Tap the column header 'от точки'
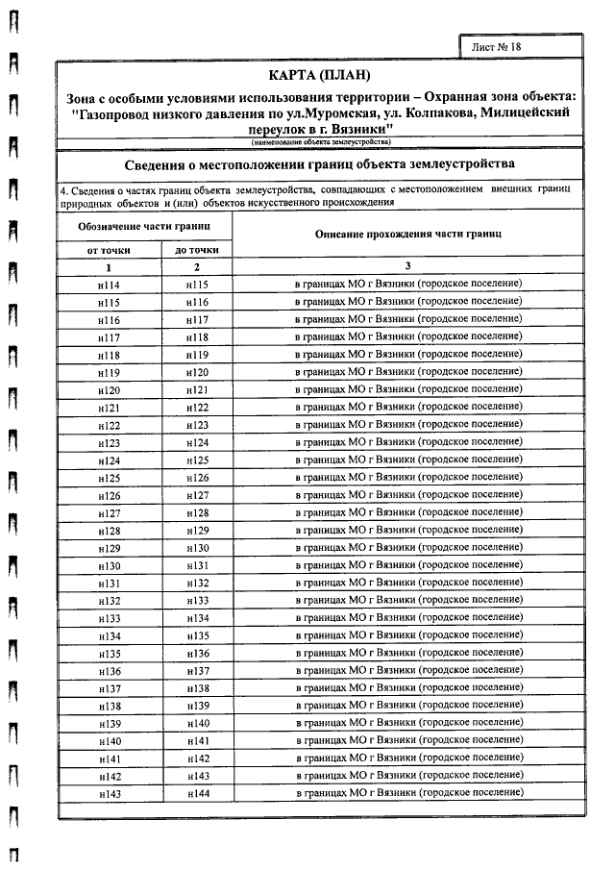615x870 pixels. click(109, 250)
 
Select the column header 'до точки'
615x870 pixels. click(197, 250)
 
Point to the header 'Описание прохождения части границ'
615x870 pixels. click(408, 235)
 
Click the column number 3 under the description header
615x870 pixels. click(407, 266)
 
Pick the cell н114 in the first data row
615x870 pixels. click(109, 286)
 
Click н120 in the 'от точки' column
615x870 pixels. click(109, 391)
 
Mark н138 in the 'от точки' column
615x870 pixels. click(109, 707)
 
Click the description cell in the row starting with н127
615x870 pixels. click(407, 513)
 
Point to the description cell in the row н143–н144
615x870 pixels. click(407, 793)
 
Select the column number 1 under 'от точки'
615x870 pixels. click(109, 266)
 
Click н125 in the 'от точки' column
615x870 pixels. click(109, 479)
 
